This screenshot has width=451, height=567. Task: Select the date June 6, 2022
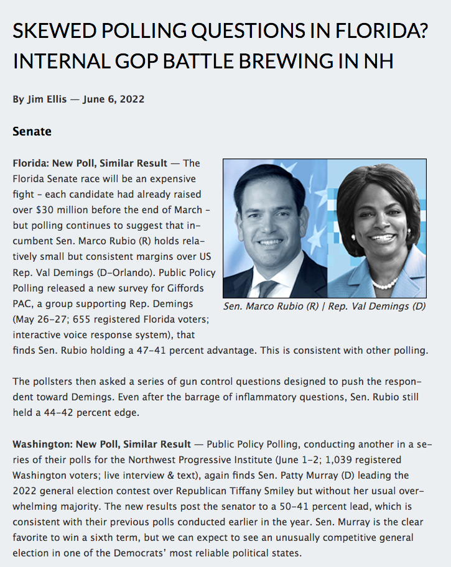114,99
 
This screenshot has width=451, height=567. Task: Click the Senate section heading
32,132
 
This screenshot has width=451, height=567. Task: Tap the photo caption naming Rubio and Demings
324,306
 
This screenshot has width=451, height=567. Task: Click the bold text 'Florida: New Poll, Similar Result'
90,164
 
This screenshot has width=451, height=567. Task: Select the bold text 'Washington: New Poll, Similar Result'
101,444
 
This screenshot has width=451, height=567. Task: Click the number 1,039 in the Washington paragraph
312,459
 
